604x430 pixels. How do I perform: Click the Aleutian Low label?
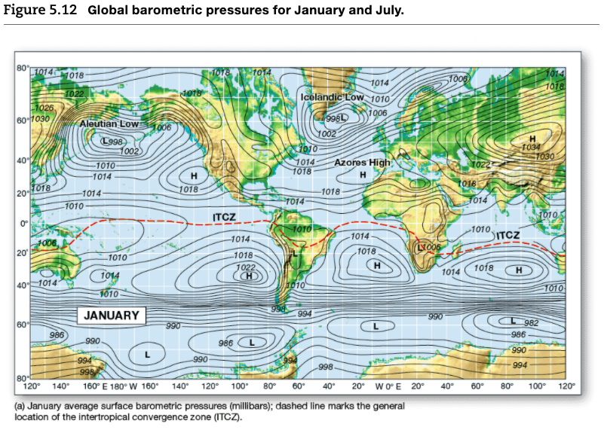pyautogui.click(x=109, y=123)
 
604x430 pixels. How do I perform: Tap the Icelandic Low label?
pyautogui.click(x=333, y=98)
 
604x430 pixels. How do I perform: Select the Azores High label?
pyautogui.click(x=363, y=162)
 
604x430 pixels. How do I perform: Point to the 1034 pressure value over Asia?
pyautogui.click(x=532, y=148)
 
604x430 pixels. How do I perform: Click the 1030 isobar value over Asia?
pyautogui.click(x=545, y=156)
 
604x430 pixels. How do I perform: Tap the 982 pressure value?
pyautogui.click(x=531, y=323)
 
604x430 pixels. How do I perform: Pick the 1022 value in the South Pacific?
pyautogui.click(x=246, y=267)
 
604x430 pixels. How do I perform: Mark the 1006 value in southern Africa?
pyautogui.click(x=431, y=247)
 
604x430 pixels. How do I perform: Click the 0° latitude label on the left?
pyautogui.click(x=24, y=223)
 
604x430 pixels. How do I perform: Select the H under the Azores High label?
pyautogui.click(x=363, y=175)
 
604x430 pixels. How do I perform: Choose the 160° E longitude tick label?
pyautogui.click(x=91, y=386)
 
